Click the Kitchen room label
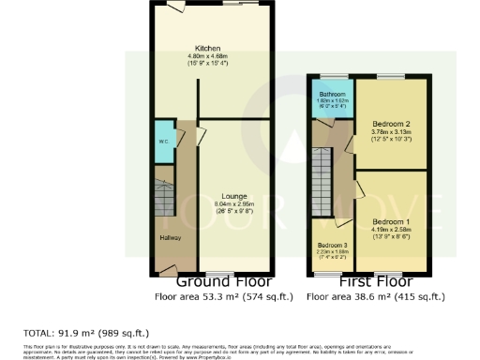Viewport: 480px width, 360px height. pyautogui.click(x=207, y=48)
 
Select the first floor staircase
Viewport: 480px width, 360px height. pyautogui.click(x=322, y=182)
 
